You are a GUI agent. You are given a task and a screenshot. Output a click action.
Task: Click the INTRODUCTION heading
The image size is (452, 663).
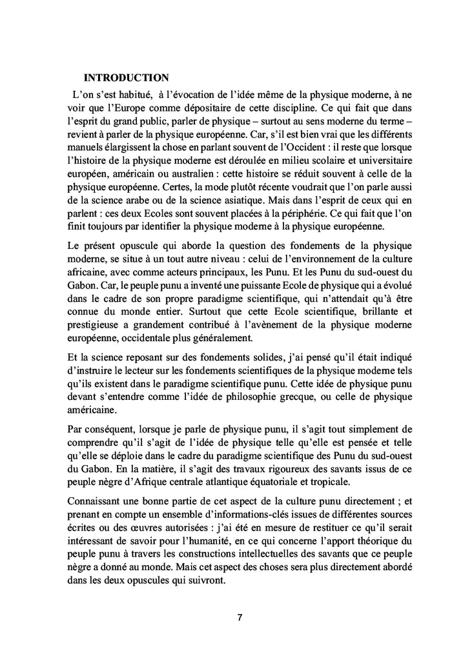click(127, 78)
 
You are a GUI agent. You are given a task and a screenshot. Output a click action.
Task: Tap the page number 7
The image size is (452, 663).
click(240, 617)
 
